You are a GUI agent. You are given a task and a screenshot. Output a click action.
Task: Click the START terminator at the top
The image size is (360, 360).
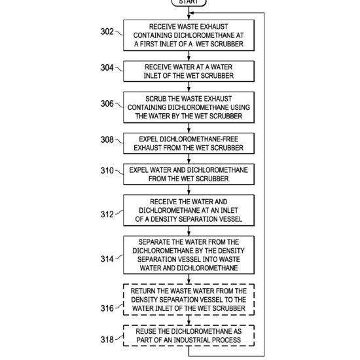(x=189, y=3)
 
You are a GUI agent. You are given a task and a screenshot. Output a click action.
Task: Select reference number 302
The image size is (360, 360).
(x=107, y=31)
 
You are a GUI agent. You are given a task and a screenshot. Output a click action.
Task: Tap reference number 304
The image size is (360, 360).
(x=107, y=67)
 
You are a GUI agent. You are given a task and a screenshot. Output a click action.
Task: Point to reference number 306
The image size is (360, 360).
(x=107, y=103)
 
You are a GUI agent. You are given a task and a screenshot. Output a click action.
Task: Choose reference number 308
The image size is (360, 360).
(x=107, y=139)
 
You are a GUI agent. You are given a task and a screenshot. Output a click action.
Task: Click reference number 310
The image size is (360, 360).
(x=107, y=171)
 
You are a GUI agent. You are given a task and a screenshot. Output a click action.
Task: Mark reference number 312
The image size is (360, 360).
(x=107, y=214)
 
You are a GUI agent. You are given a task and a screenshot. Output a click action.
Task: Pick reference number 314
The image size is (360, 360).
(x=107, y=259)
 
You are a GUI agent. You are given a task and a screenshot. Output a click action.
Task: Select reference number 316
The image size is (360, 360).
(x=107, y=308)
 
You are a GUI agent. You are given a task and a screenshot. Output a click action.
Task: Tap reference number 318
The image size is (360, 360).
(x=107, y=339)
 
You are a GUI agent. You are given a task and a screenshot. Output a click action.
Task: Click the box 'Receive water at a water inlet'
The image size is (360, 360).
(x=189, y=71)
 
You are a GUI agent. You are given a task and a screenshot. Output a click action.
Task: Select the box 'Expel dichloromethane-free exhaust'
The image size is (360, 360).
(x=189, y=143)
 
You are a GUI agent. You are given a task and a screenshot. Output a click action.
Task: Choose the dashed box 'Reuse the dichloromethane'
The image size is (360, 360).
(x=189, y=335)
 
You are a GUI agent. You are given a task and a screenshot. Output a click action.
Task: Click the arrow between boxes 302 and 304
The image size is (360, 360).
(x=189, y=56)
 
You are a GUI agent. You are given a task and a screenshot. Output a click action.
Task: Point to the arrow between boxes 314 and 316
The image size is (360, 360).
(x=189, y=279)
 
